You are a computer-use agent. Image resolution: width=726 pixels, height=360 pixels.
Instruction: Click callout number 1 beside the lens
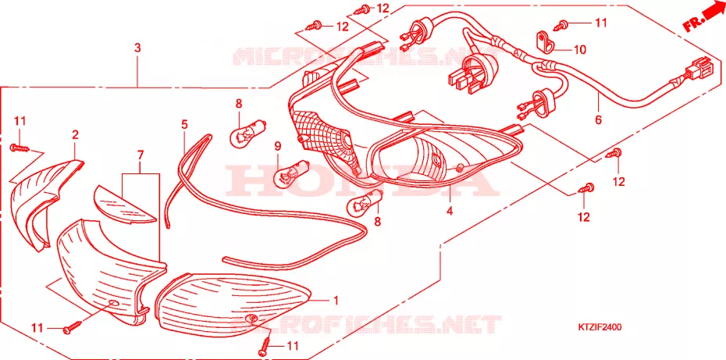pyautogui.click(x=336, y=301)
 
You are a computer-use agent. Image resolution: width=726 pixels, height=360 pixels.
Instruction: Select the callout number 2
pyautogui.click(x=75, y=135)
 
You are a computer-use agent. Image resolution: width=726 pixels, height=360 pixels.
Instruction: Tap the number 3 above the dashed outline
pyautogui.click(x=137, y=48)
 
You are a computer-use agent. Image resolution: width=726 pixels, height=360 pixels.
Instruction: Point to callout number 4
pyautogui.click(x=449, y=212)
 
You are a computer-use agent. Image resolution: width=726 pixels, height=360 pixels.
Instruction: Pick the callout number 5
pyautogui.click(x=184, y=124)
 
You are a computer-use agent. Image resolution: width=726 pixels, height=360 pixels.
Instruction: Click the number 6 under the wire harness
pyautogui.click(x=598, y=119)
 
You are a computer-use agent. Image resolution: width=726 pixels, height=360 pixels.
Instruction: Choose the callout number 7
pyautogui.click(x=141, y=155)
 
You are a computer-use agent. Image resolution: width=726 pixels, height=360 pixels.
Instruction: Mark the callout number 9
pyautogui.click(x=277, y=147)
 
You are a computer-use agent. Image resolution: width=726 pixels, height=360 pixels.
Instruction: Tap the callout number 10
pyautogui.click(x=580, y=49)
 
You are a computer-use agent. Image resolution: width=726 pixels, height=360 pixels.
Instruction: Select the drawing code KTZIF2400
pyautogui.click(x=599, y=328)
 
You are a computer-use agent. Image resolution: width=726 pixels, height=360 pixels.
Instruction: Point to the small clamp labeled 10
pyautogui.click(x=545, y=41)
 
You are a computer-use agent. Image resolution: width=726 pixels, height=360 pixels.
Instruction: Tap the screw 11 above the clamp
pyautogui.click(x=563, y=23)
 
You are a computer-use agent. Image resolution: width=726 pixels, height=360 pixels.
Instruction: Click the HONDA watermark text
pyautogui.click(x=356, y=180)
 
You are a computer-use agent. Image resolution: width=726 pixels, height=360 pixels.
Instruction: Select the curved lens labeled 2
pyautogui.click(x=44, y=200)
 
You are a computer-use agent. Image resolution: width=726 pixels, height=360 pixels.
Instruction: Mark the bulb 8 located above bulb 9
pyautogui.click(x=249, y=130)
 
